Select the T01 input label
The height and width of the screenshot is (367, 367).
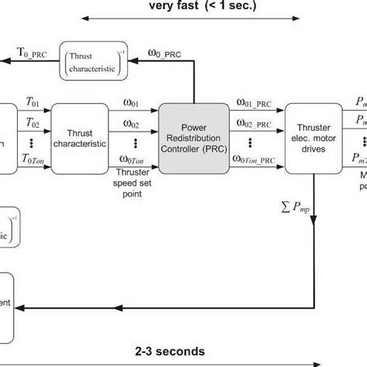[x=33, y=101]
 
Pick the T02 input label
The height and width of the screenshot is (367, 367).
[x=33, y=122]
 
